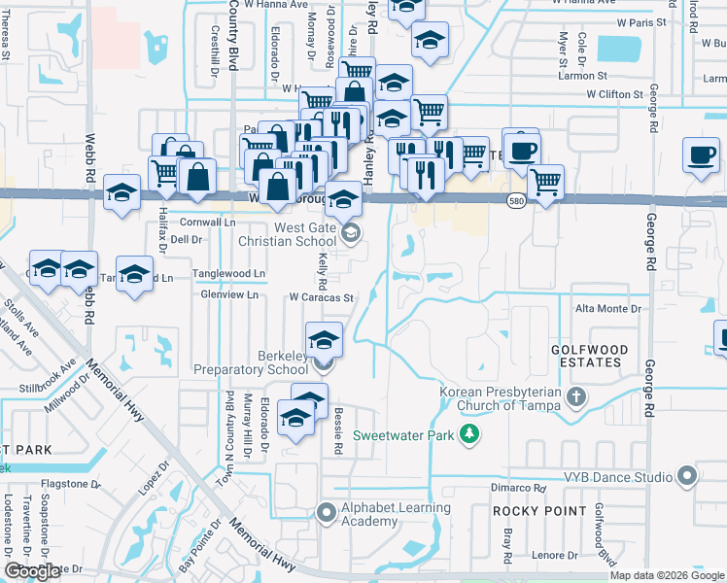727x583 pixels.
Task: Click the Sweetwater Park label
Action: tap(402, 435)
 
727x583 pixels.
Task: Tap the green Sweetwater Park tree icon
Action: tap(469, 434)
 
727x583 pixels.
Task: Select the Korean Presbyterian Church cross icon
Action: tap(576, 396)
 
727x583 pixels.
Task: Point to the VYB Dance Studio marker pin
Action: tap(688, 476)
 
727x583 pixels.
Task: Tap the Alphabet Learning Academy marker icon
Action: tap(325, 510)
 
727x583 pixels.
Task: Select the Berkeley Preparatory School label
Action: tap(251, 362)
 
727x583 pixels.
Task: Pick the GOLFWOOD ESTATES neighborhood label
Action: tap(586, 356)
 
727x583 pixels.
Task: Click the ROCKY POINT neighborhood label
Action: tap(539, 510)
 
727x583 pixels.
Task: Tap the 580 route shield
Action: tap(517, 199)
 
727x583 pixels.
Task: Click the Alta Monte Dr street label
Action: tap(608, 308)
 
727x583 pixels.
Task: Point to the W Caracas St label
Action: tap(318, 298)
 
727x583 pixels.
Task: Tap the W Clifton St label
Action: tap(614, 95)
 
